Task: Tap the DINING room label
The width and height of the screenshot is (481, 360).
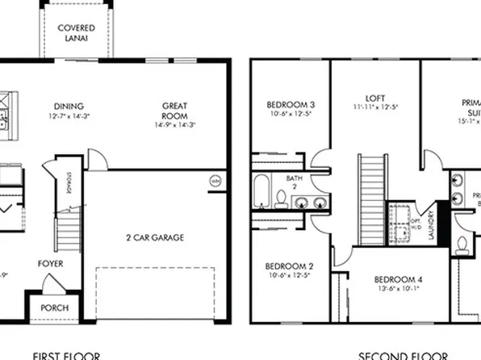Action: (69, 106)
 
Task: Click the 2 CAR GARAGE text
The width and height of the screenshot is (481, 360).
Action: (154, 237)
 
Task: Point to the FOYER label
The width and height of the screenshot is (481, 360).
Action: (50, 264)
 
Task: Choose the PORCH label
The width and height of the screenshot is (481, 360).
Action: (54, 308)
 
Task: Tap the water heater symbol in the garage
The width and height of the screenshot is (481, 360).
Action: (215, 181)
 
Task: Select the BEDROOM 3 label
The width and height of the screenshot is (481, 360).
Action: (290, 106)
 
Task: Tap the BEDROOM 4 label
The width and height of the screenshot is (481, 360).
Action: (395, 276)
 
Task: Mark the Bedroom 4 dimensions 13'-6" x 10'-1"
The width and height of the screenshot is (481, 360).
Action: (395, 287)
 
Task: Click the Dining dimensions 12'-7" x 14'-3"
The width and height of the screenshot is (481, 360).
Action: (69, 117)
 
